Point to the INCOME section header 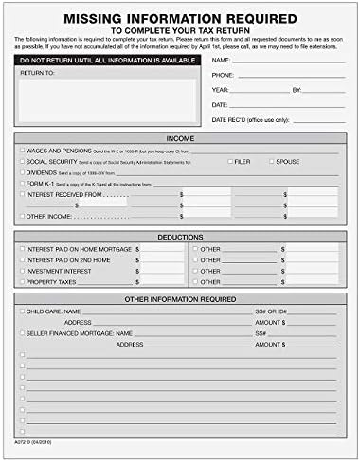click(180, 137)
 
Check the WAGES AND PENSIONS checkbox click(22, 151)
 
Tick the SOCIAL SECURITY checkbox click(22, 162)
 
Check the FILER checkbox click(230, 162)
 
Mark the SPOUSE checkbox click(270, 162)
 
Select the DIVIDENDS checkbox click(22, 172)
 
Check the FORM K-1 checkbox click(22, 183)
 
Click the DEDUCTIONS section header click(180, 237)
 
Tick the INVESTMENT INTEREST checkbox click(22, 270)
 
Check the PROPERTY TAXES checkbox click(22, 280)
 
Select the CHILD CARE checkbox click(22, 311)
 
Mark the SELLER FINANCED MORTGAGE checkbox click(22, 333)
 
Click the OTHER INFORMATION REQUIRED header click(180, 299)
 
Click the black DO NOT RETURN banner click(106, 61)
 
